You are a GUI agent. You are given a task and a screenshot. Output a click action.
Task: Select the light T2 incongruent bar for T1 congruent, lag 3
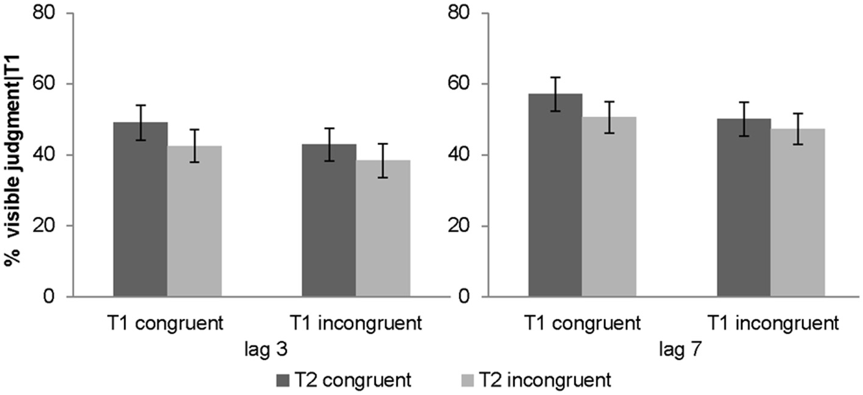194,222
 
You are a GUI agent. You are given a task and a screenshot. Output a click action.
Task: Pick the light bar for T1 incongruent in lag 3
383,229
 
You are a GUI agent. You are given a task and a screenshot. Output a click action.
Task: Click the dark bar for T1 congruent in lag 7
555,195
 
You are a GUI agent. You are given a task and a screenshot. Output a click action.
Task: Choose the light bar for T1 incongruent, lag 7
797,213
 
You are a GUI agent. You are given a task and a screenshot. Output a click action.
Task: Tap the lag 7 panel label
676,351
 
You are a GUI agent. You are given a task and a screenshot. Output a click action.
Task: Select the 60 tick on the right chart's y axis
462,84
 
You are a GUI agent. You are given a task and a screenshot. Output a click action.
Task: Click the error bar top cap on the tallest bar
555,77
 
